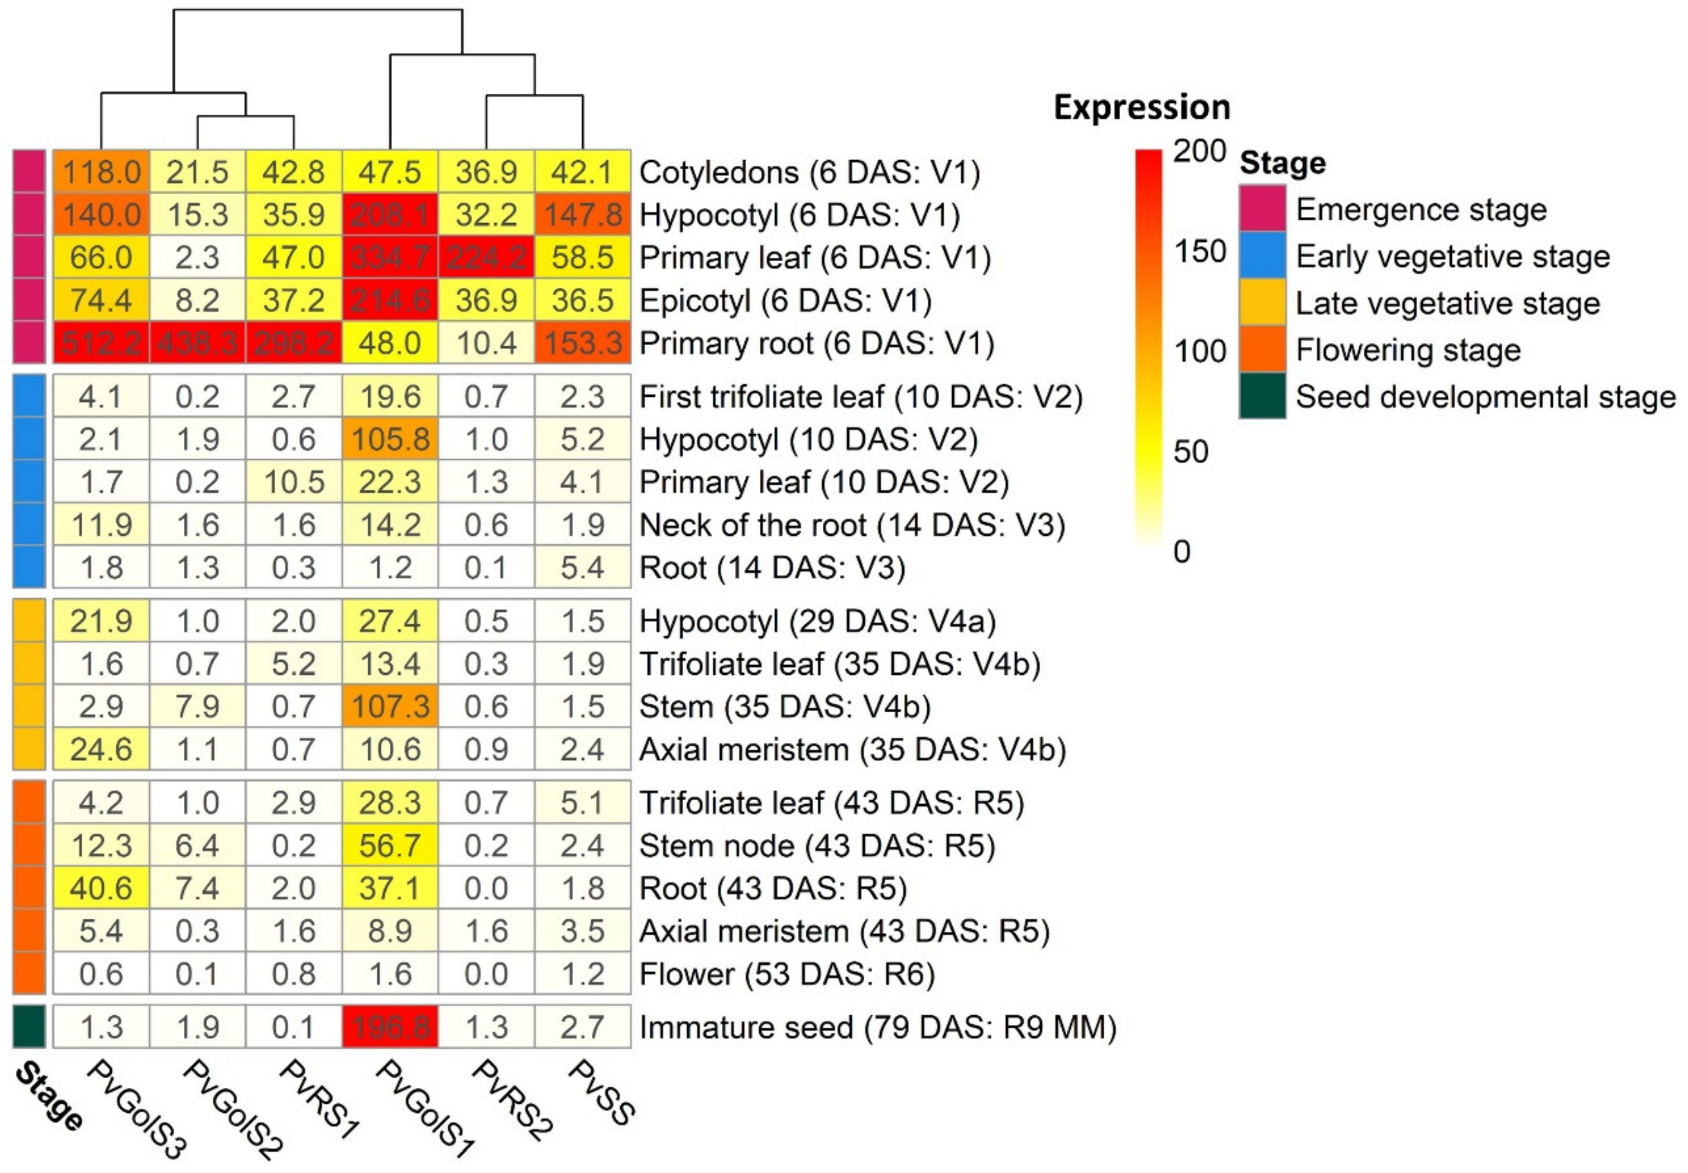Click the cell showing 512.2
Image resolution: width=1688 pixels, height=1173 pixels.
(102, 343)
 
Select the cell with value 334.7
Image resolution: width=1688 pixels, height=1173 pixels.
(390, 258)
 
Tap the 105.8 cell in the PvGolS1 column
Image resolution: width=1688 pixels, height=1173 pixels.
(390, 440)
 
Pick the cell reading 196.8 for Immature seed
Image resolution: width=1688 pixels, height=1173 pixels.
(390, 1027)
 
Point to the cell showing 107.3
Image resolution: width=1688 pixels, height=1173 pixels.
(390, 706)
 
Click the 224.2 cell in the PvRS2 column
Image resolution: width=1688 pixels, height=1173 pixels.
(486, 258)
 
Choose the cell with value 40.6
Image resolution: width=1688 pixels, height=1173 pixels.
(102, 888)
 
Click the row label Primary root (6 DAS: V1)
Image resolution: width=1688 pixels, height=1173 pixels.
(816, 343)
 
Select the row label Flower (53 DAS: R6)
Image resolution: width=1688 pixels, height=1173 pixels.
(787, 974)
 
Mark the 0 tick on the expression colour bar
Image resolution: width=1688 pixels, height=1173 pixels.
(1181, 551)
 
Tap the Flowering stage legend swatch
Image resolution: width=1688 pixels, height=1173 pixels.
(1262, 350)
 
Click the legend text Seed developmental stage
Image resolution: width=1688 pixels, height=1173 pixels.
(1485, 397)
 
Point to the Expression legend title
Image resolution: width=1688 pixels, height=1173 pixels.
(1142, 107)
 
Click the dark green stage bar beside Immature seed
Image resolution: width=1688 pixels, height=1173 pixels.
(29, 1027)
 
